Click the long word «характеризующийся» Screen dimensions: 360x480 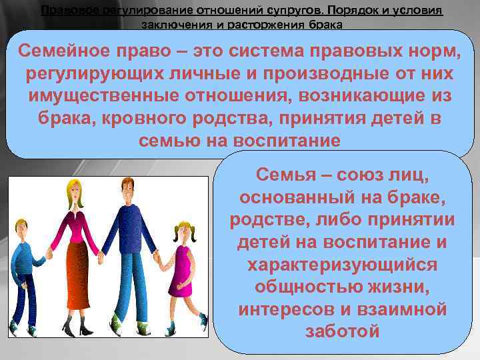click(342, 265)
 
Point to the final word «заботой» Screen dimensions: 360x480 click(342, 331)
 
